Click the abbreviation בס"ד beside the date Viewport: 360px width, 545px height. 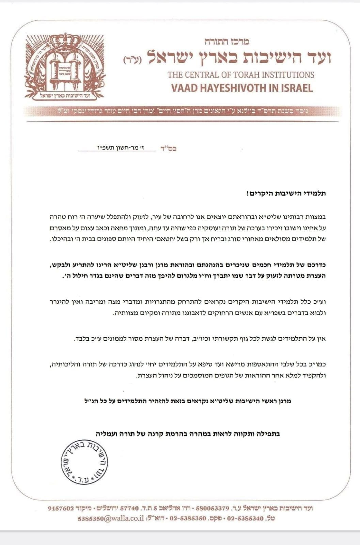(x=169, y=149)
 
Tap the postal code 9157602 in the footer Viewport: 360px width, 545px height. (x=61, y=509)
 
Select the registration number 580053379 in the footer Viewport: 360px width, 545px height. (x=214, y=509)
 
